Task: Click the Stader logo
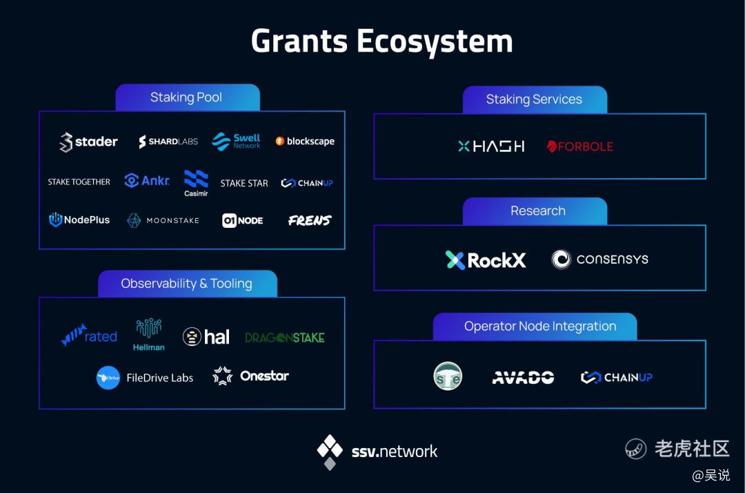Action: pyautogui.click(x=88, y=142)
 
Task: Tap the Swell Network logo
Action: pyautogui.click(x=236, y=141)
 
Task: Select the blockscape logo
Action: pyautogui.click(x=305, y=141)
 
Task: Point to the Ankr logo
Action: pyautogui.click(x=147, y=181)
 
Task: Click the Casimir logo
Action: pyautogui.click(x=196, y=183)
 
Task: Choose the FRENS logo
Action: pyautogui.click(x=310, y=220)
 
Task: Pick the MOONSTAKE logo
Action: pyautogui.click(x=163, y=220)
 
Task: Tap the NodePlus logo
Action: pyautogui.click(x=79, y=220)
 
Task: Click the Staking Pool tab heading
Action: pyautogui.click(x=186, y=97)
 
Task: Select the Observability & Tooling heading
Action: pyautogui.click(x=187, y=284)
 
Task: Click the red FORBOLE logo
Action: pyautogui.click(x=579, y=146)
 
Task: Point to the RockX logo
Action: pyautogui.click(x=486, y=260)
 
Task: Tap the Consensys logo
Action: pyautogui.click(x=599, y=260)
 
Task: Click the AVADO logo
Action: pyautogui.click(x=523, y=378)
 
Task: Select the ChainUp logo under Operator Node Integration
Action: pyautogui.click(x=616, y=378)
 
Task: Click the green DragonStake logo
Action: pyautogui.click(x=285, y=338)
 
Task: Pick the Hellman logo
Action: pyautogui.click(x=149, y=335)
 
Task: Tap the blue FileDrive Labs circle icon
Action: pyautogui.click(x=108, y=378)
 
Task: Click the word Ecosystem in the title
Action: pyautogui.click(x=435, y=42)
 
